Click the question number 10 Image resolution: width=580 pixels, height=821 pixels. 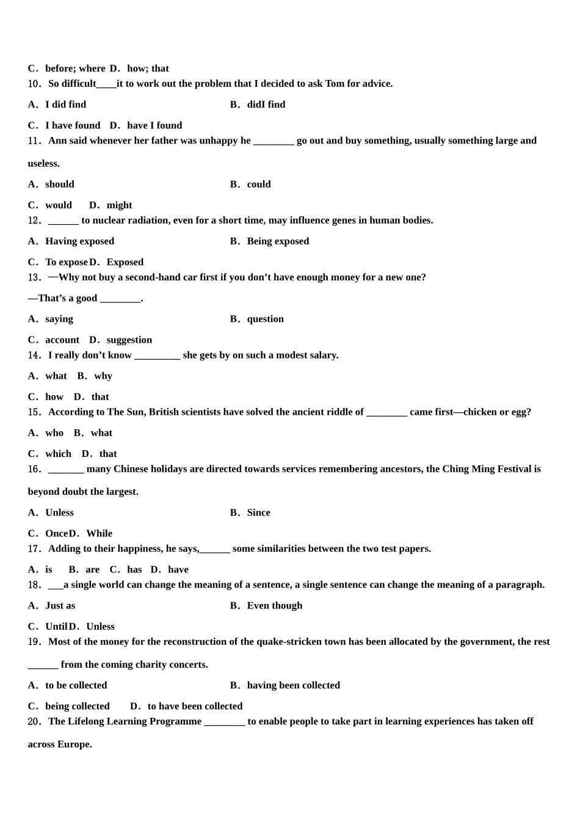pyautogui.click(x=34, y=84)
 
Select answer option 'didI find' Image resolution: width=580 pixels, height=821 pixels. pyautogui.click(x=266, y=104)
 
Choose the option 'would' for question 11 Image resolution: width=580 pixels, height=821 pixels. pyautogui.click(x=58, y=205)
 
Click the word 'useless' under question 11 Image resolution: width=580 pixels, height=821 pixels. pyautogui.click(x=43, y=164)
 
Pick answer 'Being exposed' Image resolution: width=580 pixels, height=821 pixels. pyautogui.click(x=278, y=241)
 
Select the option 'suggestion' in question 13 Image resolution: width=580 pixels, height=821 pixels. pyautogui.click(x=129, y=340)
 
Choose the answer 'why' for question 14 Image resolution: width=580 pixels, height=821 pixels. pyautogui.click(x=103, y=376)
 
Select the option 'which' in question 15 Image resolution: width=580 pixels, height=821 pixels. pyautogui.click(x=58, y=454)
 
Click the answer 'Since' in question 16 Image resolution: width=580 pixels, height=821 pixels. pyautogui.click(x=258, y=513)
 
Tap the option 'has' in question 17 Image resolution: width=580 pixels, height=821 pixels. pyautogui.click(x=134, y=570)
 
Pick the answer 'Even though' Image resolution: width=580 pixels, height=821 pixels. pyautogui.click(x=274, y=606)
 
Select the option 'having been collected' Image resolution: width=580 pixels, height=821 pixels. pyautogui.click(x=293, y=685)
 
